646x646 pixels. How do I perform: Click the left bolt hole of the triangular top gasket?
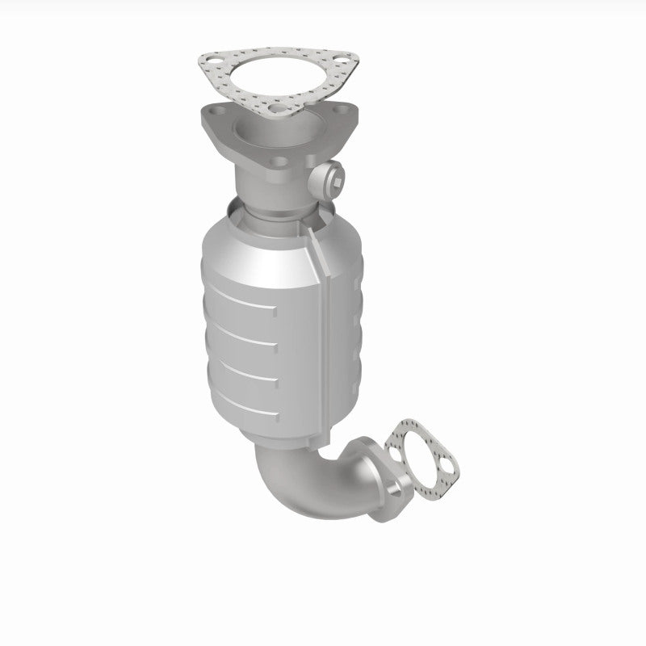[212, 62]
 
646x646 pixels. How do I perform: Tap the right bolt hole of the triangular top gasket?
[345, 58]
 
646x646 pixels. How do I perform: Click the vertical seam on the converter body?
[325, 323]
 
